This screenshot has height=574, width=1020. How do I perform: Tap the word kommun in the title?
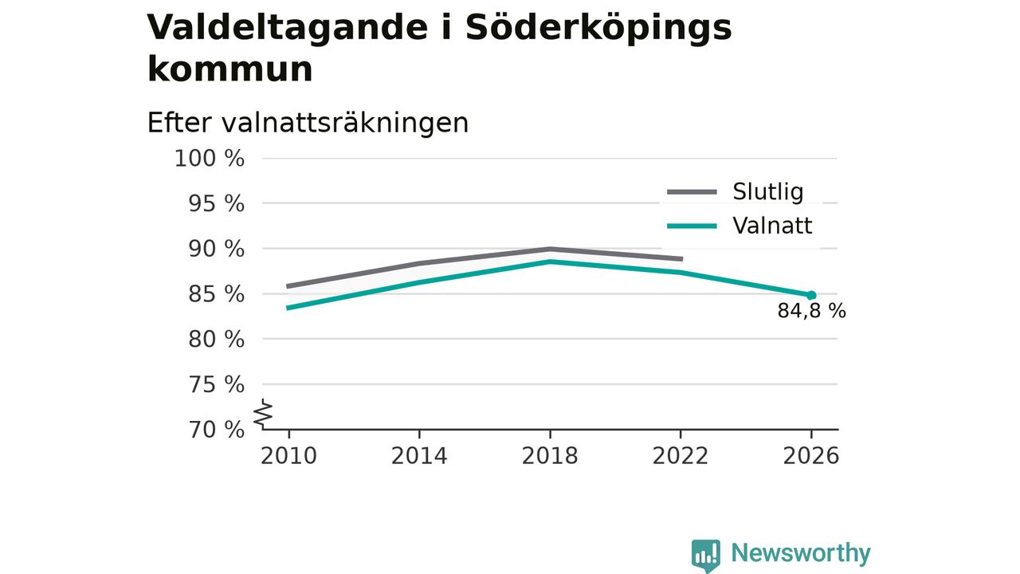230,69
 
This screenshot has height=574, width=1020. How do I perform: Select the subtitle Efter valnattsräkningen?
308,123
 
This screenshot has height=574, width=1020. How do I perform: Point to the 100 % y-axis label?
210,159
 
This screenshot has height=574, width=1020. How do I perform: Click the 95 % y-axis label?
216,203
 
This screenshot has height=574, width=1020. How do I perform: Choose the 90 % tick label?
216,249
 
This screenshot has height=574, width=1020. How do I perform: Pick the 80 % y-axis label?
216,340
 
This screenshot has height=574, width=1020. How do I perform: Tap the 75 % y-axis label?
216,384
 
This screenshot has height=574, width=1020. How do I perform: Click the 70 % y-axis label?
216,430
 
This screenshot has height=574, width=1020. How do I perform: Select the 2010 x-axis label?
288,456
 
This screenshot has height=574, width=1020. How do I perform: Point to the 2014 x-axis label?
419,456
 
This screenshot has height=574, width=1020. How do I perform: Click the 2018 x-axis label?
550,456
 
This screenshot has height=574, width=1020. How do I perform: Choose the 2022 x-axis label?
681,456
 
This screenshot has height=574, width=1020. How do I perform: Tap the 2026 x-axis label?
810,456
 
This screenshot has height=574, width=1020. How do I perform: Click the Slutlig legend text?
767,192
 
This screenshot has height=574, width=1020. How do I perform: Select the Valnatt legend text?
772,226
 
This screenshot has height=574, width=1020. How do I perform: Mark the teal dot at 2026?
811,296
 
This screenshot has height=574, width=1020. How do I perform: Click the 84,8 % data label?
811,311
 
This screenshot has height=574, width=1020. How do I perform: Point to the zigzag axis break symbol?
263,414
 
